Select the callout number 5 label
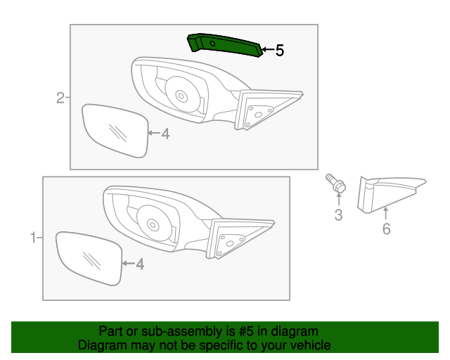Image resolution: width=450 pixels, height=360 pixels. point(279,51)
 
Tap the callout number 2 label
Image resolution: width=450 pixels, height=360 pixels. point(60,98)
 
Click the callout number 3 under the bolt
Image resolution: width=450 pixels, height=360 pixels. point(338,215)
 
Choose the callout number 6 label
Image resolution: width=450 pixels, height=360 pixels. point(386,229)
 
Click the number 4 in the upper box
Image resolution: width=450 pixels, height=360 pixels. point(165,134)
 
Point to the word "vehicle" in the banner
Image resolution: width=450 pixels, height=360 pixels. point(309,345)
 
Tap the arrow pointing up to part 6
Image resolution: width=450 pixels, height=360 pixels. point(386,212)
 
